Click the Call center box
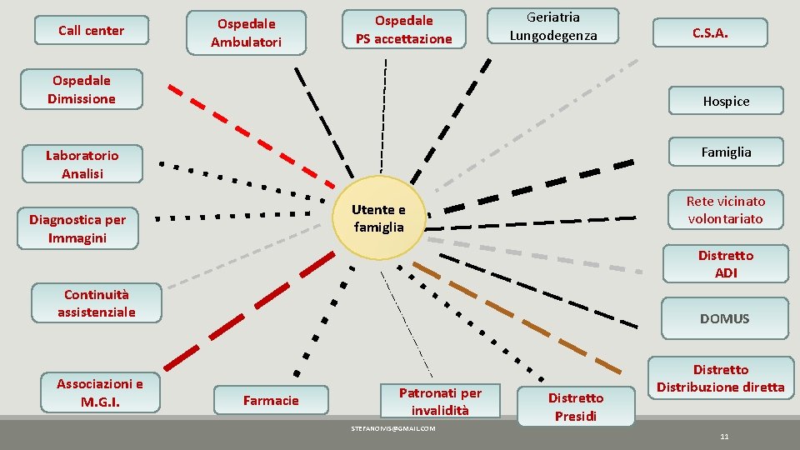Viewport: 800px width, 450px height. [91, 31]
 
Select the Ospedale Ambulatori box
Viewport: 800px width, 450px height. [246, 32]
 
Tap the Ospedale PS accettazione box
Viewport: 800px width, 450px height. [403, 29]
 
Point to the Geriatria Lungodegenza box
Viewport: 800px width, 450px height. [553, 26]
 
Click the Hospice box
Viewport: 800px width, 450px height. [725, 101]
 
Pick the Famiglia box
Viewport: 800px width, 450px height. [725, 152]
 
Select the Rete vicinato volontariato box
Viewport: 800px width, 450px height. [725, 210]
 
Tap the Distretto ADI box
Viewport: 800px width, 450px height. [725, 264]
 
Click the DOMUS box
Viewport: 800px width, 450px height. [724, 318]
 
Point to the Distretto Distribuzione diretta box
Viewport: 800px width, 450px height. [720, 378]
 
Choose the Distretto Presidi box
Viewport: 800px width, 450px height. [575, 407]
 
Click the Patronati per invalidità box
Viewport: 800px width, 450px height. [439, 401]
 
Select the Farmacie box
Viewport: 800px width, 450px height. [271, 401]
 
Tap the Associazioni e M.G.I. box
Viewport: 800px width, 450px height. [99, 392]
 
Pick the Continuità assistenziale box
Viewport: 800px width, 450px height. [96, 303]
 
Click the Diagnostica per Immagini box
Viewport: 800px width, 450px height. [77, 228]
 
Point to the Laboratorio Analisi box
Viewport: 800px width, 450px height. [82, 164]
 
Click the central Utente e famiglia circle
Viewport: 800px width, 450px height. [378, 218]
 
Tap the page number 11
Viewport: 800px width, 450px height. [724, 437]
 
